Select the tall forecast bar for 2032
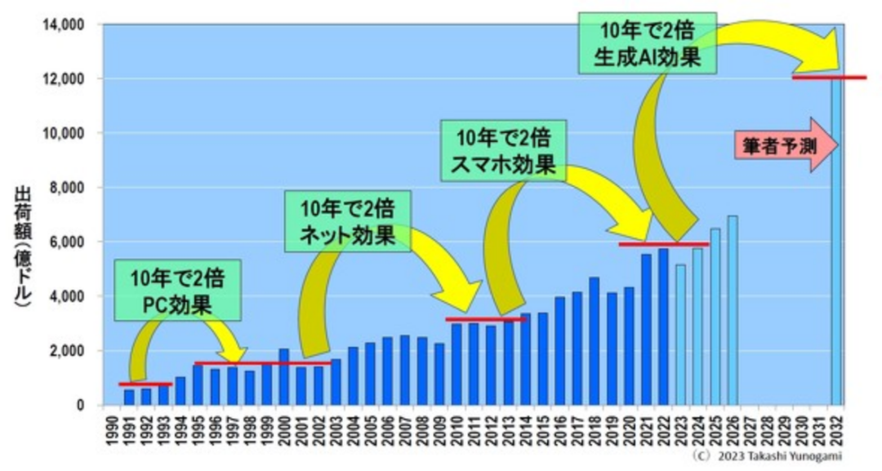coord(836,245)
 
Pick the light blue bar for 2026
coord(733,311)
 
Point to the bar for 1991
coord(129,397)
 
